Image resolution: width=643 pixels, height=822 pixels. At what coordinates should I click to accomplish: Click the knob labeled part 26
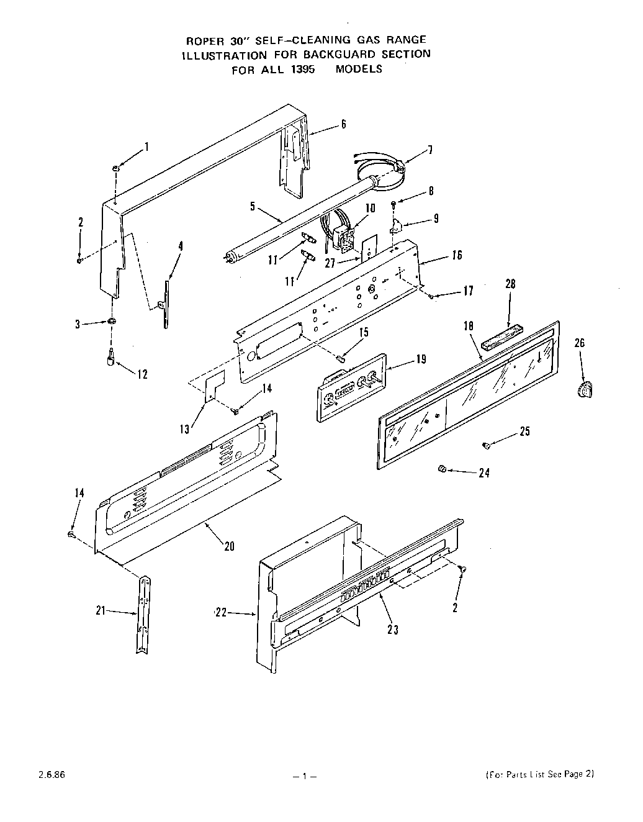coord(583,391)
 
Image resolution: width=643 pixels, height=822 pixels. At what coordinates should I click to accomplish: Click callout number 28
coord(511,284)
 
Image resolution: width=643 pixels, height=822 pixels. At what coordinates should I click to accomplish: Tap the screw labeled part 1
coord(116,168)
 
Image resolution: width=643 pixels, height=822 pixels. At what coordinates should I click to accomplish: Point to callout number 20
coord(229,547)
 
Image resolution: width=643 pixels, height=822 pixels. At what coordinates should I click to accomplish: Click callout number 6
coord(343,124)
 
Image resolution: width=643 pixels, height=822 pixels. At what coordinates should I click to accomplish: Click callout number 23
coord(392,630)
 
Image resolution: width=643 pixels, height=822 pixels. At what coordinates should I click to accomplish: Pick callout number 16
coord(457,255)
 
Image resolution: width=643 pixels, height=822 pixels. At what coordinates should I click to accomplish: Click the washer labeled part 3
coord(112,321)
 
